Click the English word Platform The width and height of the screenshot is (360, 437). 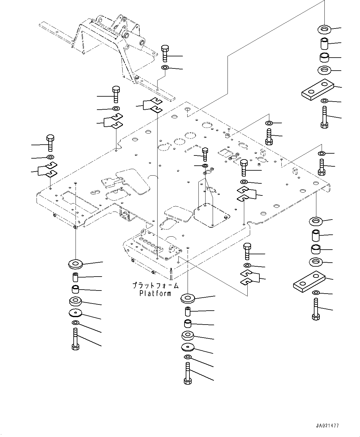pyautogui.click(x=155, y=293)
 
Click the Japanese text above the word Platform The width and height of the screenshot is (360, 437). pyautogui.click(x=155, y=286)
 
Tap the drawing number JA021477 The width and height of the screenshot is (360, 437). pyautogui.click(x=327, y=426)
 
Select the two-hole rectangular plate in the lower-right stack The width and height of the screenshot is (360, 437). pyautogui.click(x=309, y=282)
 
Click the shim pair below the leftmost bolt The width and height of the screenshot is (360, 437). pyautogui.click(x=47, y=170)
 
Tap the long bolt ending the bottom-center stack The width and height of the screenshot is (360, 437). pyautogui.click(x=188, y=374)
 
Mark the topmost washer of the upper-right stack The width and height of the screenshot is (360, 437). pyautogui.click(x=324, y=30)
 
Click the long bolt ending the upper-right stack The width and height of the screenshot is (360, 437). pyautogui.click(x=324, y=117)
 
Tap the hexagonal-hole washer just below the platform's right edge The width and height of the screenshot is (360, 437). pyautogui.click(x=316, y=221)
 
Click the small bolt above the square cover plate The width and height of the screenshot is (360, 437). pyautogui.click(x=205, y=154)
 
